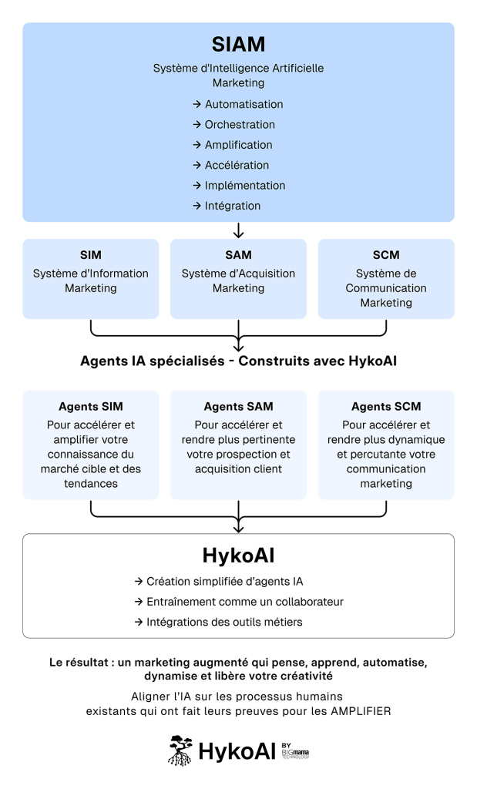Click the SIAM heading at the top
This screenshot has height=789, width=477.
click(238, 44)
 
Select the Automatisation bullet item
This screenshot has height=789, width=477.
click(244, 104)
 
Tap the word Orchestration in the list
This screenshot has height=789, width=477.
click(240, 124)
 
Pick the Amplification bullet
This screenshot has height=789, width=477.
click(238, 145)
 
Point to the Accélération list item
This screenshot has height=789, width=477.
click(237, 165)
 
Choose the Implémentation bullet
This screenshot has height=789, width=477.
click(244, 185)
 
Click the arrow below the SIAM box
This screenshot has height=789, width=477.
click(238, 230)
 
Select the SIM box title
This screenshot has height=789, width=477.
click(90, 255)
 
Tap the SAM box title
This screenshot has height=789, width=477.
click(238, 255)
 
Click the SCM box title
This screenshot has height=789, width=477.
click(386, 255)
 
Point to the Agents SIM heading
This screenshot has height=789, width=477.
click(90, 406)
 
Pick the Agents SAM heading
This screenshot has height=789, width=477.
click(238, 406)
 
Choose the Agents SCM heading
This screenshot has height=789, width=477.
click(386, 406)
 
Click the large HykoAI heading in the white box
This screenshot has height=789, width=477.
click(238, 555)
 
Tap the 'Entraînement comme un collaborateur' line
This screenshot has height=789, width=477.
click(244, 601)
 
